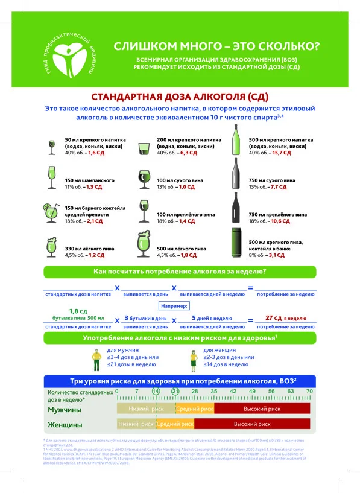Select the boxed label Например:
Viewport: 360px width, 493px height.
click(x=179, y=306)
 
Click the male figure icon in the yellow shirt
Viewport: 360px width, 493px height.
click(x=95, y=358)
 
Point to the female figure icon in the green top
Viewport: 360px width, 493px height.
click(x=194, y=358)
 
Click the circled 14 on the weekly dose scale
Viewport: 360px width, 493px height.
click(x=156, y=391)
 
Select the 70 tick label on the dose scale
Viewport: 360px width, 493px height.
click(x=309, y=391)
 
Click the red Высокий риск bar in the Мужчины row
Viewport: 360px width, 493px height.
click(x=262, y=409)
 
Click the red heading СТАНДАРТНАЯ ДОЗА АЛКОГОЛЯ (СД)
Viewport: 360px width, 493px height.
click(x=179, y=97)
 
